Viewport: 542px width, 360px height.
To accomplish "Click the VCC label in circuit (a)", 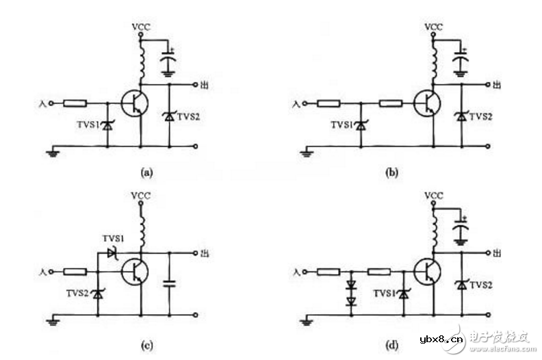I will point(140,27).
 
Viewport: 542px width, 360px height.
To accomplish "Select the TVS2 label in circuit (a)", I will point(188,117).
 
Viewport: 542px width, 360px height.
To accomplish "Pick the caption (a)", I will point(146,172).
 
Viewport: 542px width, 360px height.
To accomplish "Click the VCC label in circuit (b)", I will point(433,27).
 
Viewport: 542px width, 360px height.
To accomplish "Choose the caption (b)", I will point(392,172).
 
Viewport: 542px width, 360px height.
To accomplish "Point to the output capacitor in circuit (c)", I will point(169,282).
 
